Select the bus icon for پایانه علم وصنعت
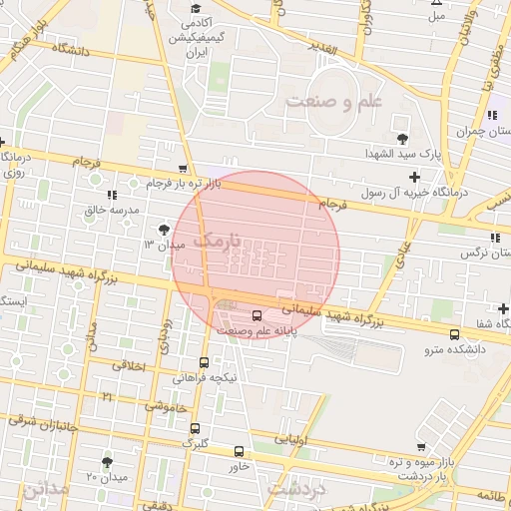click(x=256, y=315)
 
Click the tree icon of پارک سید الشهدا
click(x=402, y=139)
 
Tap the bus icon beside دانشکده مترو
click(x=455, y=334)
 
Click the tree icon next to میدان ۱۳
click(x=164, y=229)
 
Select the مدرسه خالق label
click(x=107, y=210)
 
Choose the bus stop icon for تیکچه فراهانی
click(x=204, y=363)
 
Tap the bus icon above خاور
click(x=238, y=451)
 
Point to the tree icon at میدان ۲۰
click(x=108, y=461)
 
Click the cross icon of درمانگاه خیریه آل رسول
click(x=415, y=177)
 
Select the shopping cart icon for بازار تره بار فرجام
click(x=181, y=169)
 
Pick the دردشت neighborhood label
click(x=298, y=489)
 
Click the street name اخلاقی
click(x=128, y=366)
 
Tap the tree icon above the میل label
click(x=436, y=3)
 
